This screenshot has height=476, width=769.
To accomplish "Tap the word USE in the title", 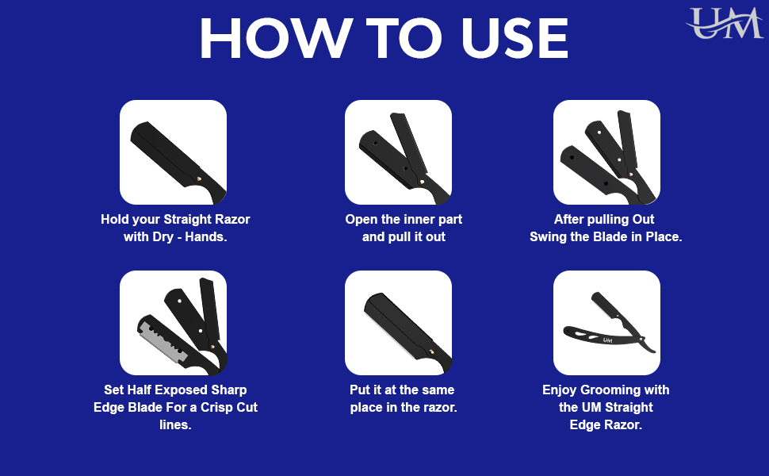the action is click(515, 38).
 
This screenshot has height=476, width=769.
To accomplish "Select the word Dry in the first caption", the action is click(163, 237).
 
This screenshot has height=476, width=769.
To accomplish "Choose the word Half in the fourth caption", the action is click(138, 390).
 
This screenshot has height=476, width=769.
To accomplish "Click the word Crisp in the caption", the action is click(216, 407).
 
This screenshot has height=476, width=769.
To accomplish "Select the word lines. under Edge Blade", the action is click(175, 424).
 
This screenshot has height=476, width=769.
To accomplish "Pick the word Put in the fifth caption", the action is click(360, 390).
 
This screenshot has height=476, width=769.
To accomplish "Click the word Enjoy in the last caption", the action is click(559, 390).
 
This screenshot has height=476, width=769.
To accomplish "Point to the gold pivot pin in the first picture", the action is click(199, 179).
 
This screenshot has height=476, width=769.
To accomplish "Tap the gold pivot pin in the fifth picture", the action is click(430, 351).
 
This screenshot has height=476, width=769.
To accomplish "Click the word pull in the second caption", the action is click(396, 237).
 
